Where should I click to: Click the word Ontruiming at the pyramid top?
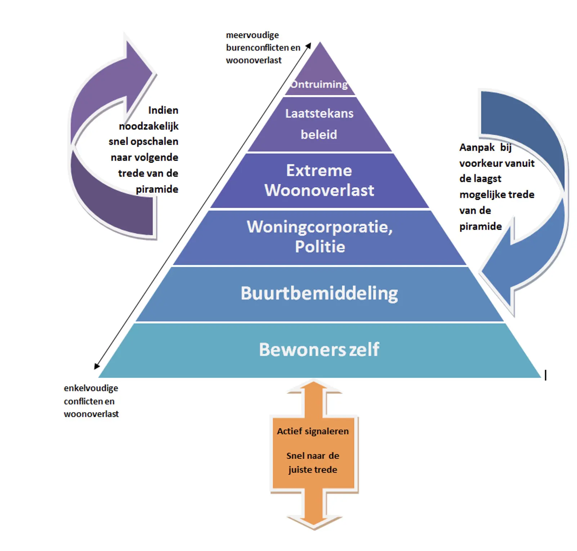319,84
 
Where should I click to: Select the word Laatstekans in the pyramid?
319,114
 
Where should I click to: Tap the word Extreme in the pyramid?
319,171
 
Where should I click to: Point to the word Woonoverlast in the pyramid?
319,190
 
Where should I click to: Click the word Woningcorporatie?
319,227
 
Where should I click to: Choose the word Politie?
320,247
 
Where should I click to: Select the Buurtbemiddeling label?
319,293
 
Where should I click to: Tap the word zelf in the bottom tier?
364,349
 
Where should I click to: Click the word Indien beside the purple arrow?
163,110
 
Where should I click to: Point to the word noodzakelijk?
149,126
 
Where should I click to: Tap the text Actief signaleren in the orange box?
313,431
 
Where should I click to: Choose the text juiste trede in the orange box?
313,470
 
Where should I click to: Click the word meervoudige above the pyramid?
252,35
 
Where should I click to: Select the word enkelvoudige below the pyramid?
91,388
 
